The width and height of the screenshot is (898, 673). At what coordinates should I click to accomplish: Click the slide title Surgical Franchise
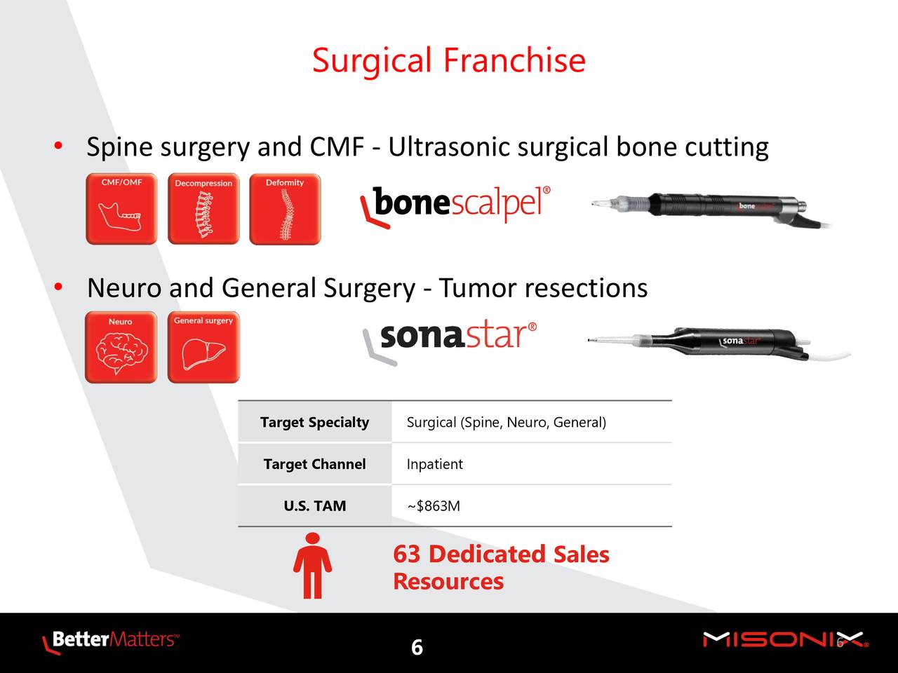pyautogui.click(x=449, y=60)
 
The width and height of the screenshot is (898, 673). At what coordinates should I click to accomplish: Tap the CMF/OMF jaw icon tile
pyautogui.click(x=121, y=209)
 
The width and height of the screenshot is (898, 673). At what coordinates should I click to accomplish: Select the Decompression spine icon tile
pyautogui.click(x=203, y=209)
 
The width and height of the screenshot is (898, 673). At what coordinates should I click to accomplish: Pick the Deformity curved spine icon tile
pyautogui.click(x=285, y=209)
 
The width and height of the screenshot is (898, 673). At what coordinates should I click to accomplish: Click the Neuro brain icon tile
pyautogui.click(x=121, y=347)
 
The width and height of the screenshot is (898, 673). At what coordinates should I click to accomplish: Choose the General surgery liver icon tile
pyautogui.click(x=203, y=347)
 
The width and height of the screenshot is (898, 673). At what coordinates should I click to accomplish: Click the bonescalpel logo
pyautogui.click(x=455, y=206)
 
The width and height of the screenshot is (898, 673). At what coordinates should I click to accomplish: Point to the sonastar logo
pyautogui.click(x=450, y=341)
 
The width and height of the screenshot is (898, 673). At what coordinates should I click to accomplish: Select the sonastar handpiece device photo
pyautogui.click(x=719, y=344)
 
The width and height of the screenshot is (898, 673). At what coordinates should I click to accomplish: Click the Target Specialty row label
pyautogui.click(x=314, y=422)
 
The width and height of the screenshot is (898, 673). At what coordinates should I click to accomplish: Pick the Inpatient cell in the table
pyautogui.click(x=434, y=464)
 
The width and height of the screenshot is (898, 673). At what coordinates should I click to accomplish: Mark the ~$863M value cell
pyautogui.click(x=434, y=506)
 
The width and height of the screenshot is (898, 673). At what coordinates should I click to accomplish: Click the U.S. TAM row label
pyautogui.click(x=314, y=506)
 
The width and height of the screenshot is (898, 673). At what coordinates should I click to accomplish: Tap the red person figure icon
pyautogui.click(x=312, y=566)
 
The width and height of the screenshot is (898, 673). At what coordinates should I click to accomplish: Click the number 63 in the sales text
pyautogui.click(x=407, y=554)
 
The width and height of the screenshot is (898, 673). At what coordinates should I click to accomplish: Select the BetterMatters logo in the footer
pyautogui.click(x=110, y=640)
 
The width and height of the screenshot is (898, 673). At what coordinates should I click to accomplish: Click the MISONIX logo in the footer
pyautogui.click(x=786, y=640)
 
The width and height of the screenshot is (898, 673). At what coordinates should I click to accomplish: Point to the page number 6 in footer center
pyautogui.click(x=417, y=647)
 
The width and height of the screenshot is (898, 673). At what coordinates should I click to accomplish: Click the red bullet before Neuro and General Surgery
pyautogui.click(x=58, y=287)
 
